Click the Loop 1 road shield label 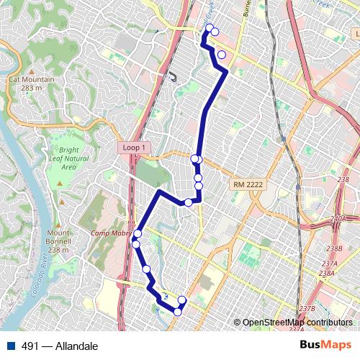click(135, 147)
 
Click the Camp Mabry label click(108, 233)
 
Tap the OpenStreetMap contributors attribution click(297, 323)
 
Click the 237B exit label click(307, 308)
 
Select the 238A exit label click(328, 273)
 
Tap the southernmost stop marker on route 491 click(177, 312)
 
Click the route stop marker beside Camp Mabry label click(137, 234)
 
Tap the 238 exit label click(343, 180)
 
